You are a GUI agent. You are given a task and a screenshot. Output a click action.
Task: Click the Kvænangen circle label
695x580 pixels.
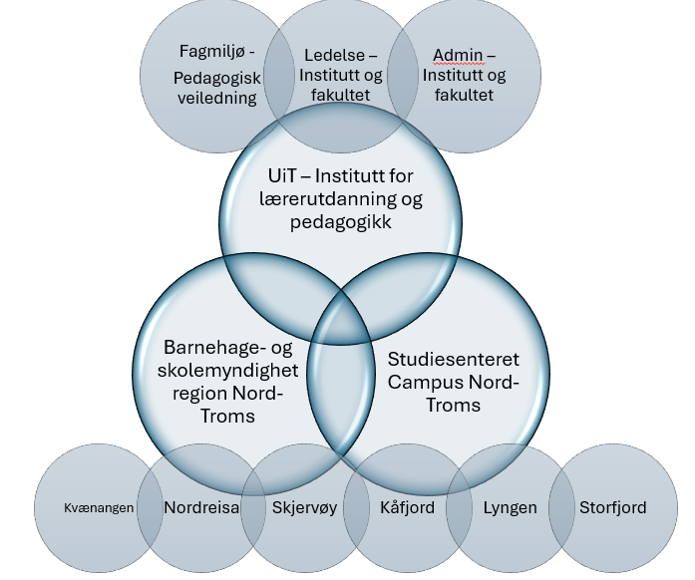[x=94, y=508]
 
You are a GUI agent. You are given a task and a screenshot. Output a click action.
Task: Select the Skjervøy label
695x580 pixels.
[x=305, y=507]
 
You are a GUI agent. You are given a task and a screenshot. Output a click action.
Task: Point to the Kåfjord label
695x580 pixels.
[x=407, y=507]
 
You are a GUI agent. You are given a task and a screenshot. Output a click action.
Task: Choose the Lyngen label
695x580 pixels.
[x=510, y=507]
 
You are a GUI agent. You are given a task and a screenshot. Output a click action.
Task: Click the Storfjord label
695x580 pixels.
[x=612, y=507]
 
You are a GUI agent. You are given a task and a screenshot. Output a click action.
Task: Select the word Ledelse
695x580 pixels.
[x=316, y=54]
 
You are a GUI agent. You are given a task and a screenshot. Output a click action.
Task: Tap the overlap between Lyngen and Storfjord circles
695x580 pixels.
[x=561, y=507]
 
